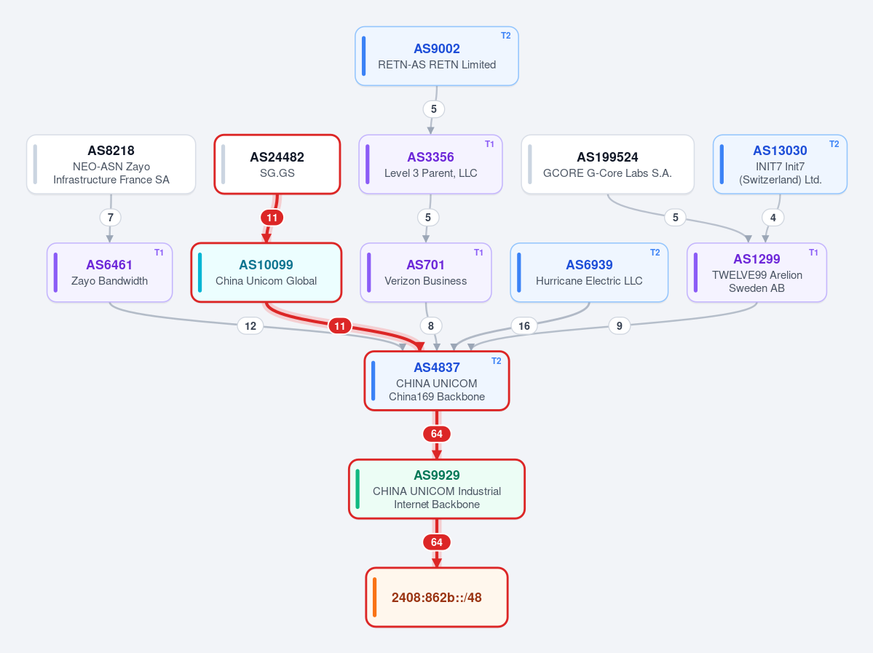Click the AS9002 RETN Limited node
point(437,56)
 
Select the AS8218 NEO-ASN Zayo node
point(111,165)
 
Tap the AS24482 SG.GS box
point(277,165)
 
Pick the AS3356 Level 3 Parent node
point(430,165)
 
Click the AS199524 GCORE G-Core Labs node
point(607,165)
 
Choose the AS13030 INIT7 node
point(780,165)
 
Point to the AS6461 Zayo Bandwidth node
point(110,272)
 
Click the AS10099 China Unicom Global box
point(266,272)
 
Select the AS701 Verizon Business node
point(426,272)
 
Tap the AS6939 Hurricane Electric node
point(589,272)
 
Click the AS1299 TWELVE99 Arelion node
point(757,272)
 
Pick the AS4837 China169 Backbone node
point(437,381)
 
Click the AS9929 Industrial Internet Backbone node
point(437,488)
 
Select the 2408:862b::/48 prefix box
point(437,598)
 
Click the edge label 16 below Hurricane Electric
point(524,325)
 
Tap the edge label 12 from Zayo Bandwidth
point(250,325)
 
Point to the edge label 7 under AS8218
point(110,217)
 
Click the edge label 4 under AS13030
point(773,217)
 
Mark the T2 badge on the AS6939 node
point(655,252)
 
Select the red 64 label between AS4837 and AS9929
point(437,434)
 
